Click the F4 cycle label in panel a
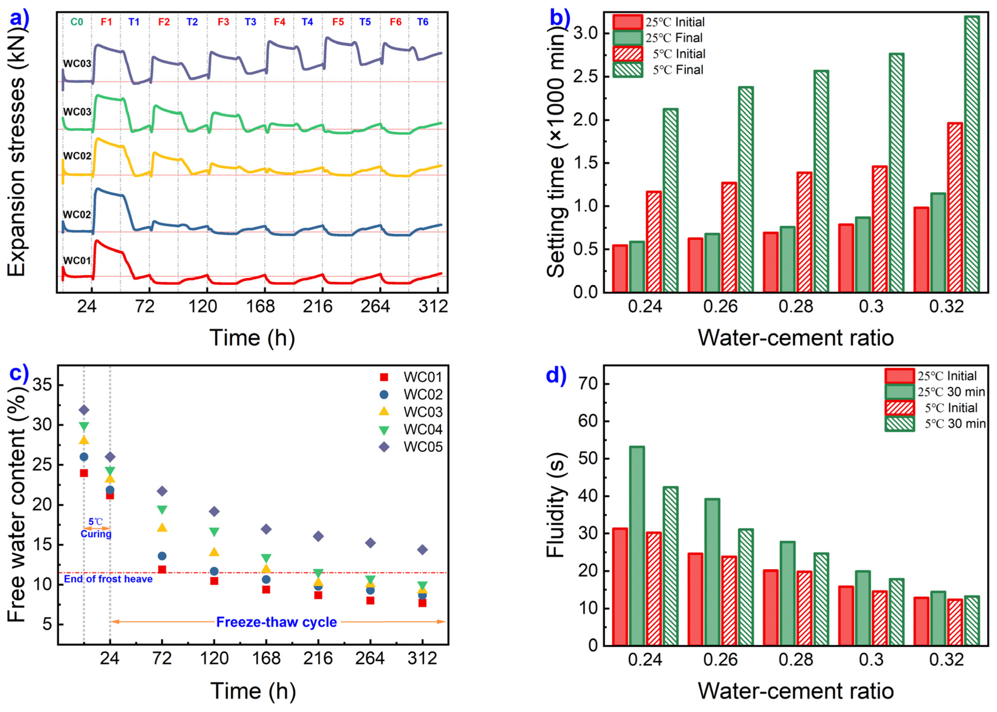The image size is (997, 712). [279, 22]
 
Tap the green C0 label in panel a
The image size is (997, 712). [77, 22]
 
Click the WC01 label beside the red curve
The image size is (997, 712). [77, 260]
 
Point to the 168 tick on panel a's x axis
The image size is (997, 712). [260, 306]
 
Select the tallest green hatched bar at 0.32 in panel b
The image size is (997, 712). [972, 153]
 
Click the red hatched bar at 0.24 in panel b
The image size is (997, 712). [654, 241]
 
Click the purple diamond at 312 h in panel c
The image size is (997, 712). [422, 550]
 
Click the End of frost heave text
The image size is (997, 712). [108, 579]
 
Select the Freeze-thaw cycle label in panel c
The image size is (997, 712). [277, 622]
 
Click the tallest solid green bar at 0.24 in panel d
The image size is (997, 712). [637, 546]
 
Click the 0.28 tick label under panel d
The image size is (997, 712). [796, 660]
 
